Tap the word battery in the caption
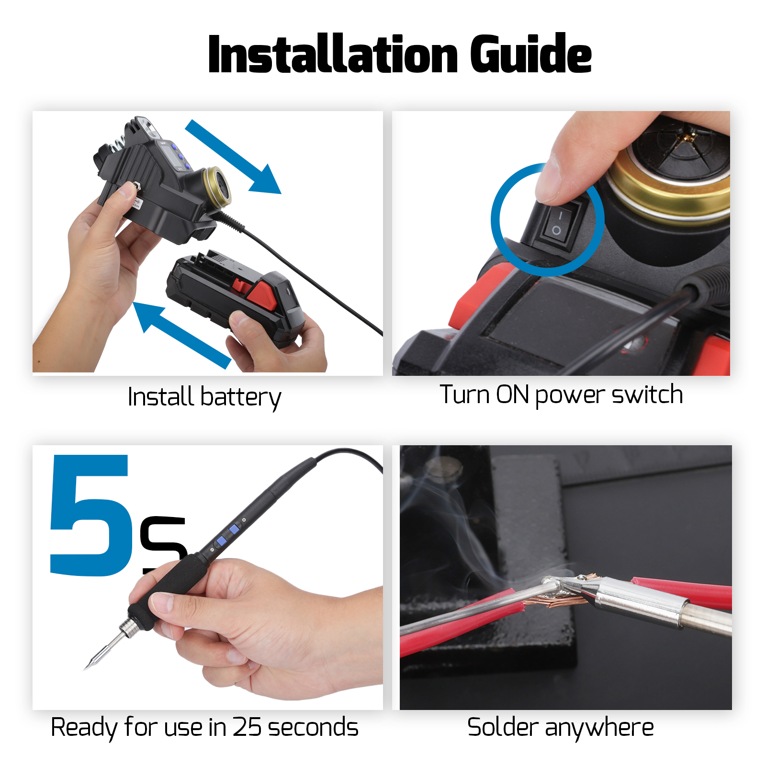pos(241,397)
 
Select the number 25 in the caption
pos(247,727)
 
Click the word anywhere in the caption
pos(599,728)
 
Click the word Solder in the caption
pos(502,727)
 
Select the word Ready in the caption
pos(84,728)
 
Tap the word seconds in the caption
pos(313,727)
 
